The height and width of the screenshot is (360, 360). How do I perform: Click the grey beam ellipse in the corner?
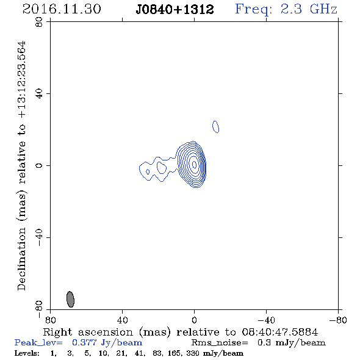click(70, 299)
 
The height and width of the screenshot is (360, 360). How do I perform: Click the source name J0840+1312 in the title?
click(175, 9)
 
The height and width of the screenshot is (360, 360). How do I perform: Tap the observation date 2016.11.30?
click(62, 9)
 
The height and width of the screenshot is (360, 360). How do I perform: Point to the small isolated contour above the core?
click(215, 127)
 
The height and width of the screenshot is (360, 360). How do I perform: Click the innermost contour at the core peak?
click(194, 164)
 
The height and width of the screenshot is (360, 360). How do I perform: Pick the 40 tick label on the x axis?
click(122, 320)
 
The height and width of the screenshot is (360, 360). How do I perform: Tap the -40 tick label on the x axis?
click(266, 320)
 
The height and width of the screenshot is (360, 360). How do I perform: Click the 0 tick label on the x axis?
click(194, 320)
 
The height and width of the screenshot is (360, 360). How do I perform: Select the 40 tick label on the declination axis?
click(39, 94)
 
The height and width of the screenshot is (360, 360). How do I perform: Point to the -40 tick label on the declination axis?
click(39, 237)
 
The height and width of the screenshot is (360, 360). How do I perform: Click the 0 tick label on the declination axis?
click(39, 165)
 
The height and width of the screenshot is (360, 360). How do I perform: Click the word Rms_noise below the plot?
click(220, 343)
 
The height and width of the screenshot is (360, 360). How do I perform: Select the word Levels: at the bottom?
click(27, 353)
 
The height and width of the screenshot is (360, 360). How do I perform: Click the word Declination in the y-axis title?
click(21, 259)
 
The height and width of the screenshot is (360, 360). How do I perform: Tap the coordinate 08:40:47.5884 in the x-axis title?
click(280, 332)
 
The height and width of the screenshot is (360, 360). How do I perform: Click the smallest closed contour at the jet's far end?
click(148, 171)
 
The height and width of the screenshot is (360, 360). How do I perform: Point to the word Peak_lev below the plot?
click(38, 343)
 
